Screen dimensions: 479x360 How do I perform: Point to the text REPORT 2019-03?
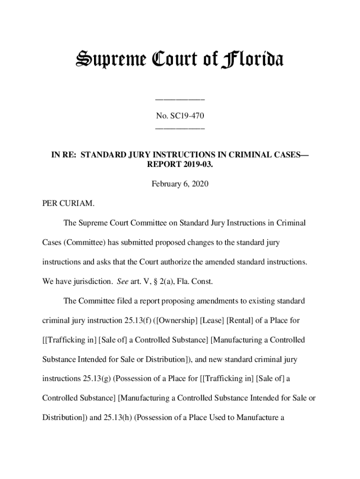180,165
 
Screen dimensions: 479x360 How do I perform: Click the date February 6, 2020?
180,184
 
